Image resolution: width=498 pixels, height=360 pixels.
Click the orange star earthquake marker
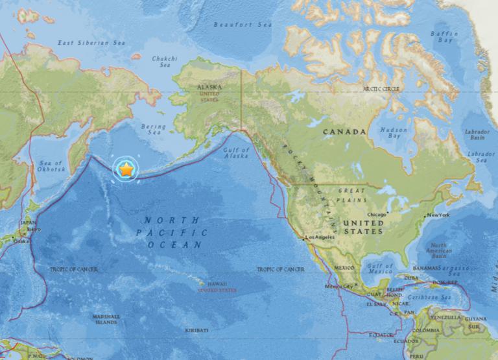[126, 169]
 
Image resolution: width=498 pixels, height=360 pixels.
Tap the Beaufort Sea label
[243, 25]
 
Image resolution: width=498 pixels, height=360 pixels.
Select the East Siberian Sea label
[90, 43]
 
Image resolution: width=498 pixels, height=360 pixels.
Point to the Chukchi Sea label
[164, 61]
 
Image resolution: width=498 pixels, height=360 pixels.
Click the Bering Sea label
[154, 130]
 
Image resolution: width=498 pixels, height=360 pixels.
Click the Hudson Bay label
[394, 132]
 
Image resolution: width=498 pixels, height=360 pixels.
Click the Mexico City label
[340, 286]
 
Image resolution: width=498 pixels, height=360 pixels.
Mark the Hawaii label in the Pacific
[214, 283]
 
